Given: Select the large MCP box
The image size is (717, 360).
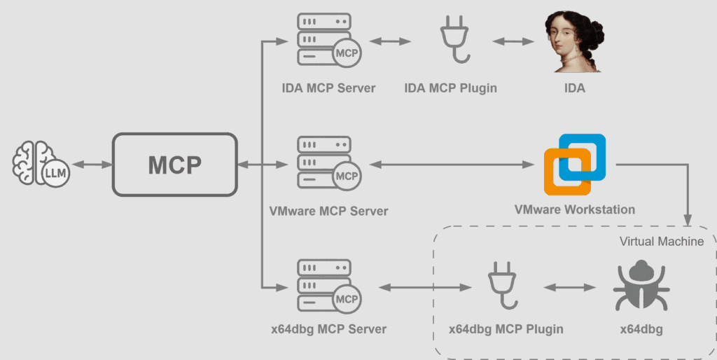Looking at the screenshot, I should tap(174, 165).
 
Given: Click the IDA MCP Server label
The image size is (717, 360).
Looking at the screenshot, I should tap(328, 88).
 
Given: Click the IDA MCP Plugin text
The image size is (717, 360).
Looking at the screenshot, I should tap(451, 88).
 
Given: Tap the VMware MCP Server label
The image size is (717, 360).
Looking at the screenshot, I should tap(328, 211).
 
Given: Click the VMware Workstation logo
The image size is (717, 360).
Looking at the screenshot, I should tap(574, 165).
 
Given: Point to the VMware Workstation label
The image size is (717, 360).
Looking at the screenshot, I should tap(574, 209).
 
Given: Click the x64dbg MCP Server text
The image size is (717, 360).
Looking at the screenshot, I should tap(328, 329).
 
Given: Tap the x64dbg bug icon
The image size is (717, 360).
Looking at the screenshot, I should tap(636, 287).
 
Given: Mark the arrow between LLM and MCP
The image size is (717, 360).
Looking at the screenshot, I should tap(92, 165).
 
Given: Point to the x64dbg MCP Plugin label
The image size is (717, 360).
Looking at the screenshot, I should tap(506, 329).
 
